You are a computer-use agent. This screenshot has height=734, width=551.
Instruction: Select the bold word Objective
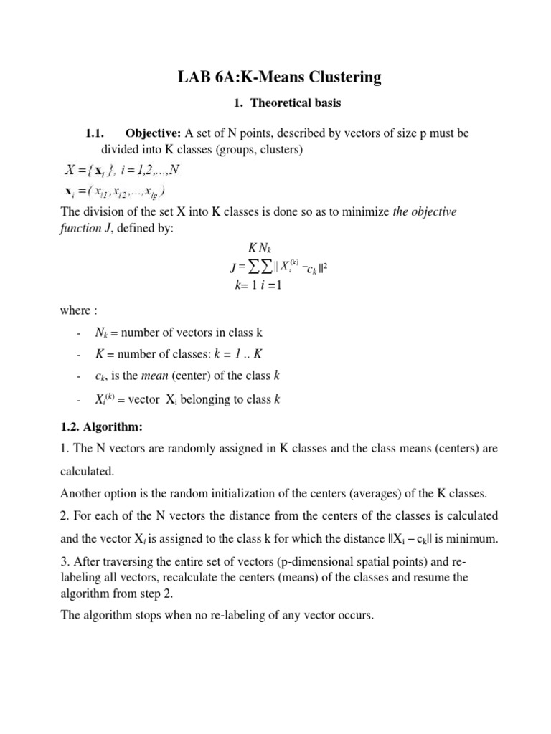pyautogui.click(x=154, y=133)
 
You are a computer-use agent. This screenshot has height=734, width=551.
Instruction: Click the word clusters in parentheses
pyautogui.click(x=279, y=150)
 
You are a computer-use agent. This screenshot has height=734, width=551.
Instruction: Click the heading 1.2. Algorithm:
pyautogui.click(x=101, y=427)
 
